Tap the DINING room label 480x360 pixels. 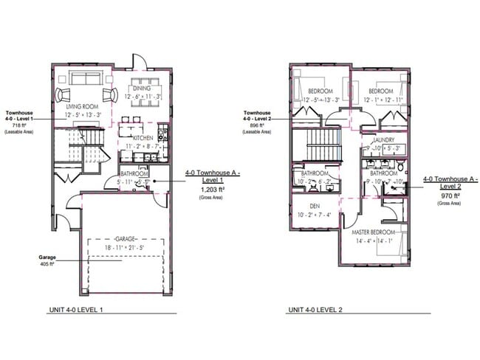pos(143,88)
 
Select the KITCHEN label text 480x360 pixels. pos(143,138)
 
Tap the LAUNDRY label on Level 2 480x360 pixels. pos(384,139)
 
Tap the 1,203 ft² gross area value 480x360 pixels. pos(213,190)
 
